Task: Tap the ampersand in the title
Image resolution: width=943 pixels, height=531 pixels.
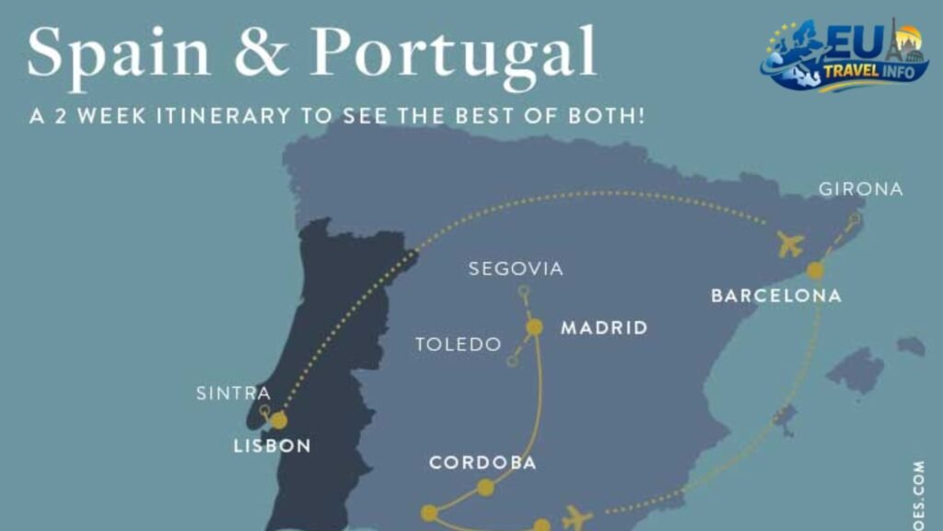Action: pos(261,53)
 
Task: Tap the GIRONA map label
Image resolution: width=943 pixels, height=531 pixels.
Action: pos(861,190)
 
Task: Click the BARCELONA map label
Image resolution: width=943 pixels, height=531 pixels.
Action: pos(776,296)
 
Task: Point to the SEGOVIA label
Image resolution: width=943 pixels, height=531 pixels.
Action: pos(516,269)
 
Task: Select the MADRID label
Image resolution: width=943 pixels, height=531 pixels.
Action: pos(604,327)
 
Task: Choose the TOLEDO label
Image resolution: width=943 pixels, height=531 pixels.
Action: pos(459,345)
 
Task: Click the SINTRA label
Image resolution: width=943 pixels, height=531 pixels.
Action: pos(234,394)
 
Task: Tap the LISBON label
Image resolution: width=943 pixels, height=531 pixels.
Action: pos(272,446)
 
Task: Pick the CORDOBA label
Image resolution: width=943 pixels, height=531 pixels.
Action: pos(483,463)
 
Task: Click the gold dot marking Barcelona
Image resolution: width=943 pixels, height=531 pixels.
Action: pos(815,270)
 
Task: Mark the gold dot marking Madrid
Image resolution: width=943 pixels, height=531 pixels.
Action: pos(534,326)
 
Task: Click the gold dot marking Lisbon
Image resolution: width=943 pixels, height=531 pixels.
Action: pos(278,420)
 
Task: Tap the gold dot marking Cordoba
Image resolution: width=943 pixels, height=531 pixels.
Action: pos(485,488)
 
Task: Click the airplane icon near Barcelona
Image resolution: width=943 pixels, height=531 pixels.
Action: pos(790,244)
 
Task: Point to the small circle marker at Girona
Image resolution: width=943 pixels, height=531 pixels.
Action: pos(856,218)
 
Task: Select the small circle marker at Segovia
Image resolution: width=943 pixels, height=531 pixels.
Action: pos(523,292)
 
